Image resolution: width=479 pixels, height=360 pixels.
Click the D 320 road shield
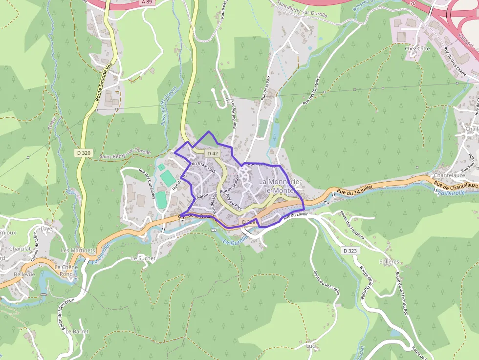click(84, 153)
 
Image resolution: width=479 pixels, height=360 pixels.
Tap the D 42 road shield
click(212, 153)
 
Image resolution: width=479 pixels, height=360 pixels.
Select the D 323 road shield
click(349, 251)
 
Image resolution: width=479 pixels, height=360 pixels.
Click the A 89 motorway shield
click(147, 2)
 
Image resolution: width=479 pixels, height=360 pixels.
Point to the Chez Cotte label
click(417, 48)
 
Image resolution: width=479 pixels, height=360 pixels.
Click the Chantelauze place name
click(449, 175)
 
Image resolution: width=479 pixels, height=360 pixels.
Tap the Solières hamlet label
click(389, 262)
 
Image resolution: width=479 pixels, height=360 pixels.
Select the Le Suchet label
click(143, 258)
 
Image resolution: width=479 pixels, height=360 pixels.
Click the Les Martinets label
click(77, 250)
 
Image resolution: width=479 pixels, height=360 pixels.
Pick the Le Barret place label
click(77, 331)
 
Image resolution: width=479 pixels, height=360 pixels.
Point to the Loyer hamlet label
click(47, 228)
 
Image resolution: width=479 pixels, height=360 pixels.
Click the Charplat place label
click(20, 248)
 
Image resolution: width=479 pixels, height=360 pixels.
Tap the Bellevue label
click(24, 275)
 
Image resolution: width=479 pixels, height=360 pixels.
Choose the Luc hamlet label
click(310, 346)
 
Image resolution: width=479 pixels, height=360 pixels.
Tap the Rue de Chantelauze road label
click(456, 186)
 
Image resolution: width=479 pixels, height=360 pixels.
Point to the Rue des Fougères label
click(355, 222)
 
